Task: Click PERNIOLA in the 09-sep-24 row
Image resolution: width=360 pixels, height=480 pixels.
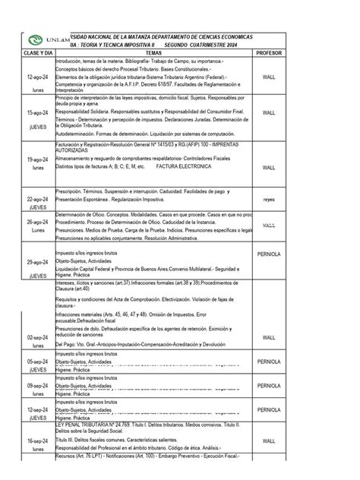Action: pos(268,386)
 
